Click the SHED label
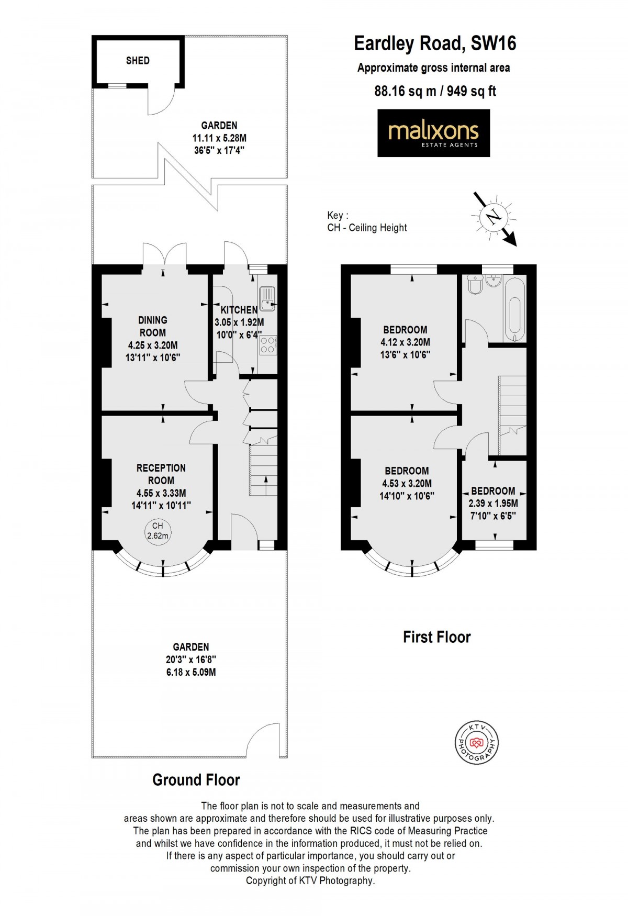point(138,61)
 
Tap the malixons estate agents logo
point(433,133)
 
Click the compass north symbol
point(494,216)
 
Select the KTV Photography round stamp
point(476,742)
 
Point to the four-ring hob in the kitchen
point(267,345)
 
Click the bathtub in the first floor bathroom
point(515,309)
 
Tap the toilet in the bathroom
point(475,285)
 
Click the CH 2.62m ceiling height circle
point(158,531)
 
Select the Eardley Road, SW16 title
point(435,43)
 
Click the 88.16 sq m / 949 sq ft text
point(435,91)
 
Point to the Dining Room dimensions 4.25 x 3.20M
point(153,345)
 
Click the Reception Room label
point(161,474)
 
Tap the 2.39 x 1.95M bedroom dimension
point(493,504)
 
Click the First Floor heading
point(436,637)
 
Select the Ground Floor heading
point(196,780)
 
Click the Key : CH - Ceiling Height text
point(367,221)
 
